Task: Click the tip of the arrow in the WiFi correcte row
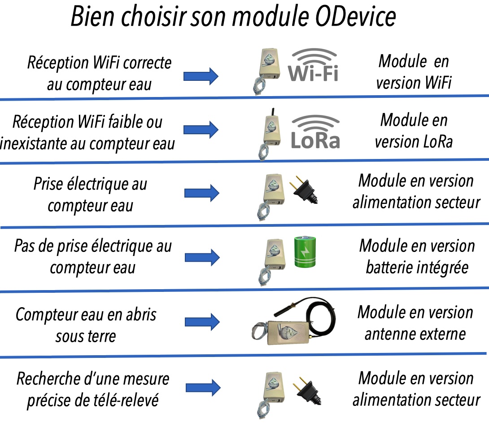tap(218, 76)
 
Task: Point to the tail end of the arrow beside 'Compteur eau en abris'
tap(185, 322)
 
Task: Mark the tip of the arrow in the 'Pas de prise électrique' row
tap(220, 258)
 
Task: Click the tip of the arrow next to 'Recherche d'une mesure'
tap(221, 388)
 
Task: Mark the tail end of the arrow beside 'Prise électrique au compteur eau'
tap(185, 193)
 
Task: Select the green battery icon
tap(305, 252)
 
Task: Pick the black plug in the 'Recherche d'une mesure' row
tap(307, 391)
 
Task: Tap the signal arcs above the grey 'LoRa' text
tap(315, 123)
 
